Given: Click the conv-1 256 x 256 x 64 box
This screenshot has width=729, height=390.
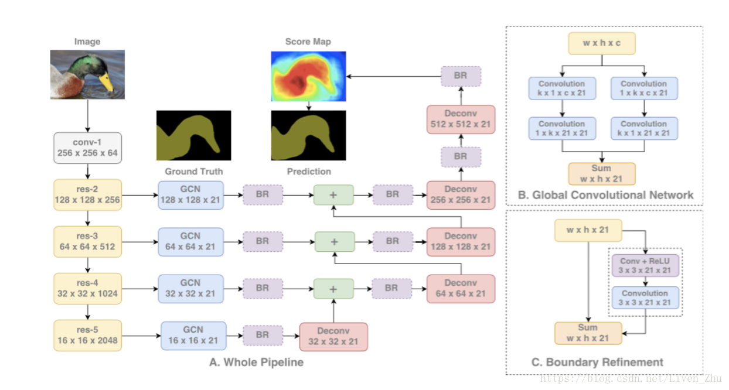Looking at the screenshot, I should point(87,148).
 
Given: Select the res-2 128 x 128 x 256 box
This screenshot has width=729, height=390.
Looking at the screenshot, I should point(87,194).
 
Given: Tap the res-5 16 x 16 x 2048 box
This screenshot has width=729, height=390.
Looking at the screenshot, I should point(87,335).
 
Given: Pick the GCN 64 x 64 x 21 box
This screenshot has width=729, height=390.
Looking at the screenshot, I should point(190,241).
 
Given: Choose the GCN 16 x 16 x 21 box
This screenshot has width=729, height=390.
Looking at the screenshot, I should point(193,336).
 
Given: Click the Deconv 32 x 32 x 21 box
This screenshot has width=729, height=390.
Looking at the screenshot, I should point(333,337).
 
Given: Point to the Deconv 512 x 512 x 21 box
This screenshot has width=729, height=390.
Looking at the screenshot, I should point(461,119).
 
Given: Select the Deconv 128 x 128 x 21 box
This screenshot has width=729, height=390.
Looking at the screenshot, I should point(461,241).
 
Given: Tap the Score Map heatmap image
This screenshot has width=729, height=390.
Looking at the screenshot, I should point(308,76).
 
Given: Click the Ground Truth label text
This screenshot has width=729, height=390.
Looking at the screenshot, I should point(193,172).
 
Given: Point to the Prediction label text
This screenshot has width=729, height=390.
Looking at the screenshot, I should point(309,172).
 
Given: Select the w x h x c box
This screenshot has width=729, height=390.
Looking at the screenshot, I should point(602,44).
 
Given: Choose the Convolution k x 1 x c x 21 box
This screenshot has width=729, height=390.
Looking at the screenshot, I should point(562,88).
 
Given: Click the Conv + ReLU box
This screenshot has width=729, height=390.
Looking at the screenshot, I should point(645,265).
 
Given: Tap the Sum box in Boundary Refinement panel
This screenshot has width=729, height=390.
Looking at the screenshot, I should point(588,333).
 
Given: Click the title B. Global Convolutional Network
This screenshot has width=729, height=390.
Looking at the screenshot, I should point(605,195).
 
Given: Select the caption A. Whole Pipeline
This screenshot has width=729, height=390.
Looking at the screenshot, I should point(257,362).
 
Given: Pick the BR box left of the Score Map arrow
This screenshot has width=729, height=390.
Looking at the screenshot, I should point(461,76).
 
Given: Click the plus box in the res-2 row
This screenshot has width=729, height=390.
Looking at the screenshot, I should point(333,194).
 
